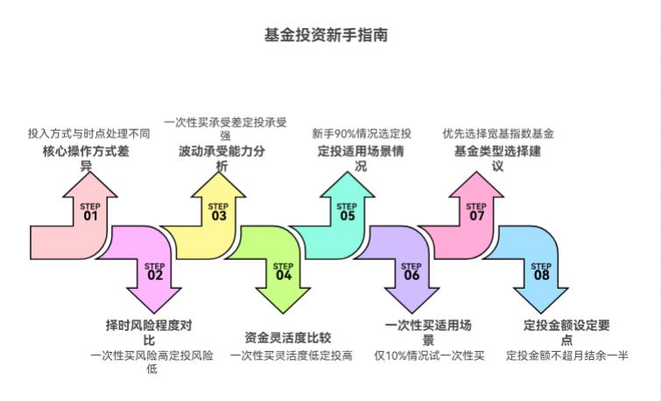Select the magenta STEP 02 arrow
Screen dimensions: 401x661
(154, 271)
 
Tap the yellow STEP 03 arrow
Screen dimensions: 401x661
(218, 211)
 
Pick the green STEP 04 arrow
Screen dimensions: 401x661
(282, 271)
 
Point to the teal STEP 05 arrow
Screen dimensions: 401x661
(348, 211)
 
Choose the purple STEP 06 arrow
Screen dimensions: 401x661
(411, 271)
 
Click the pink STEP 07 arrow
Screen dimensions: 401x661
(476, 211)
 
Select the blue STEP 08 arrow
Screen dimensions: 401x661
(540, 271)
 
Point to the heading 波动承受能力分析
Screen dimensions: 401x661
(222, 158)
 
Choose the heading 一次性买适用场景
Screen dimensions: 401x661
(429, 332)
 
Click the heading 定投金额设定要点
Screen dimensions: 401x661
(566, 332)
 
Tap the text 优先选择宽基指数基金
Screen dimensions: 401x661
(497, 134)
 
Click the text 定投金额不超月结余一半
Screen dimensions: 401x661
(566, 355)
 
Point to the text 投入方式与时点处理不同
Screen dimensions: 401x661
(88, 134)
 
